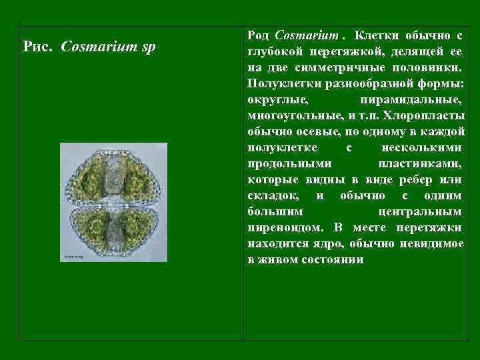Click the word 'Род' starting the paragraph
point(258,33)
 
